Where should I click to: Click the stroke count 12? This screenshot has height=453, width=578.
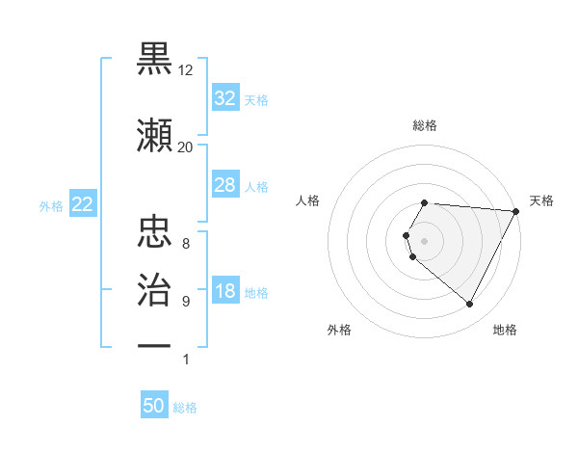(186, 70)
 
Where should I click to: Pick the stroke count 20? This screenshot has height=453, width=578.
(186, 147)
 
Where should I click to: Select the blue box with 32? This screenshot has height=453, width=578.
(224, 97)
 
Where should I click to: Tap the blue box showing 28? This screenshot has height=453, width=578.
(224, 185)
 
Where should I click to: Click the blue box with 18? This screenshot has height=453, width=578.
(224, 291)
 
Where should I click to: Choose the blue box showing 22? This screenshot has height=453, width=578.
(82, 204)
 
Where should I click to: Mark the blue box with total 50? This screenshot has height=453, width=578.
(154, 406)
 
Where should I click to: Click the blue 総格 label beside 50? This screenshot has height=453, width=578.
(185, 408)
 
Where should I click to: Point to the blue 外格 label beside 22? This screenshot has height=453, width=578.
(51, 205)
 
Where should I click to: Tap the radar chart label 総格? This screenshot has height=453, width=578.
(425, 125)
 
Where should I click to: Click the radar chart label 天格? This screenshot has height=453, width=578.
(541, 200)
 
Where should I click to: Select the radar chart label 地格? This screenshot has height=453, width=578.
(505, 330)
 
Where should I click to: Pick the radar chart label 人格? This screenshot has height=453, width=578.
(308, 200)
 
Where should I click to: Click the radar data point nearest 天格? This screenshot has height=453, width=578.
(516, 211)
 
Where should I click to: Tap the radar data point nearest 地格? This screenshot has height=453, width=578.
(470, 305)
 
